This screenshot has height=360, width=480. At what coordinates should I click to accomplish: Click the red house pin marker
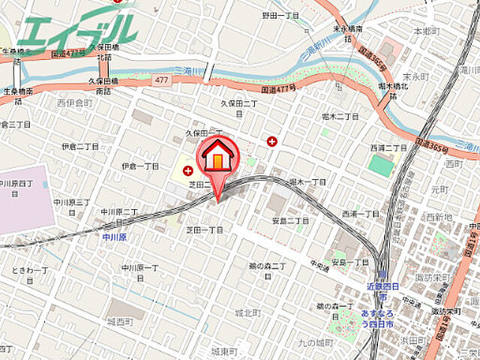217,159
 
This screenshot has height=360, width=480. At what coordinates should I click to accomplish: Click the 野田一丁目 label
280,15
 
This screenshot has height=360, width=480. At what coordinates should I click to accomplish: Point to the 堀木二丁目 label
340,117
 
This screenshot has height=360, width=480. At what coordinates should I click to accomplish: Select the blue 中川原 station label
114,238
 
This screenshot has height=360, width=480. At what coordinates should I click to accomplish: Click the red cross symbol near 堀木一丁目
271,141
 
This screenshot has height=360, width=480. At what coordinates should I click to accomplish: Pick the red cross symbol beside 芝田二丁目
187,171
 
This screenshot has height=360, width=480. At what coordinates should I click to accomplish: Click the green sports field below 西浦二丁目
381,166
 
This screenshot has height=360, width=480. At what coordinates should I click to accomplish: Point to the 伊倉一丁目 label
140,165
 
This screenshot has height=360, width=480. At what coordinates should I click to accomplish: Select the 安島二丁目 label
290,220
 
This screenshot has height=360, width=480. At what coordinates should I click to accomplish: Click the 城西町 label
119,322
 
